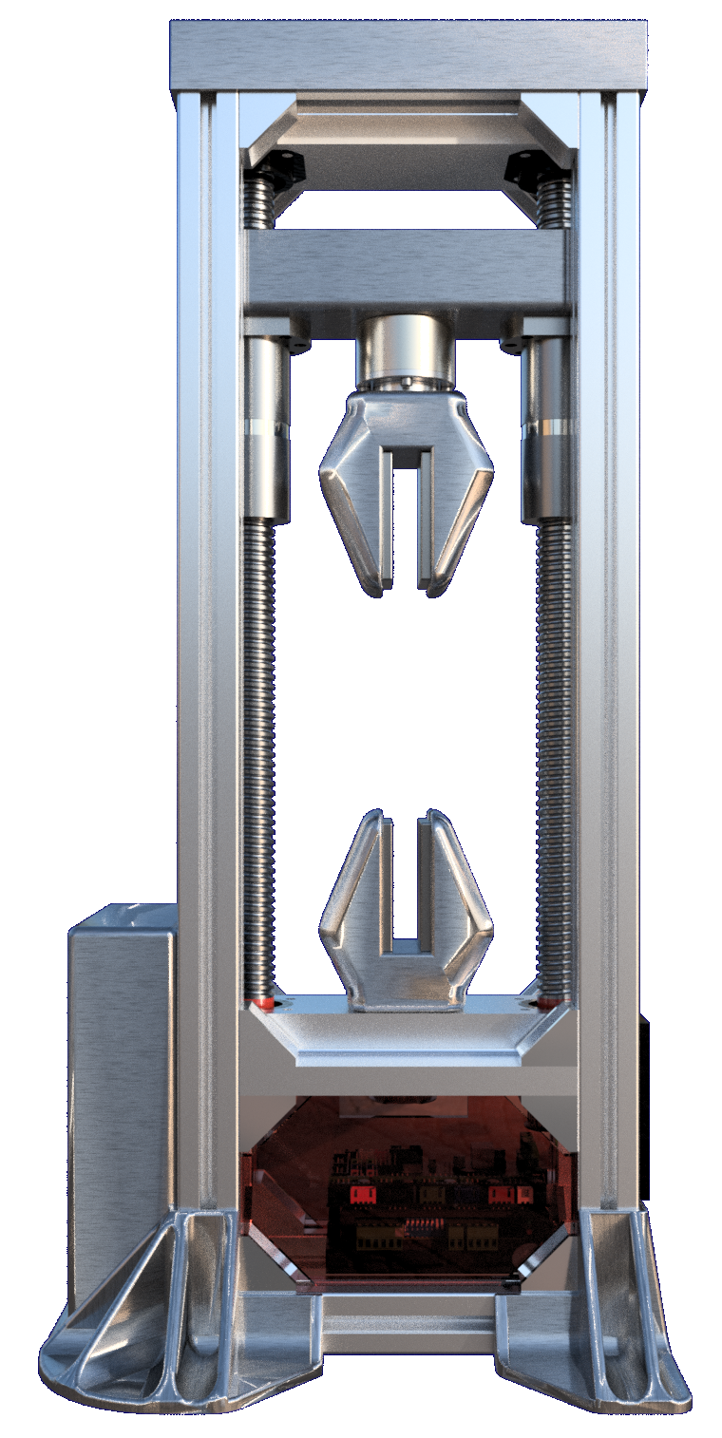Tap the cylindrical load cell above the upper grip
pyautogui.click(x=406, y=350)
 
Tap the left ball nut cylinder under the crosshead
pyautogui.click(x=268, y=427)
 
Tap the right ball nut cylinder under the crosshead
pyautogui.click(x=546, y=427)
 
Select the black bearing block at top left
pyautogui.click(x=276, y=169)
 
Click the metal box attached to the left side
pyautogui.click(x=122, y=1073)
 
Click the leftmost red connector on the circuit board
pyautogui.click(x=360, y=1193)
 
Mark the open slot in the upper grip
pyautogui.click(x=407, y=522)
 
